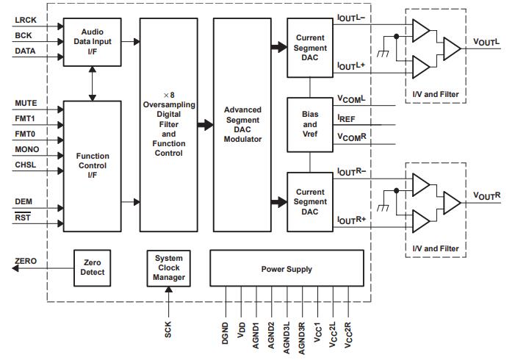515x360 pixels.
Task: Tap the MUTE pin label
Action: [x=26, y=104]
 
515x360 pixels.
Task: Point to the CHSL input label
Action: [x=26, y=165]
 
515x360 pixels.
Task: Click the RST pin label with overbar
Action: [x=23, y=217]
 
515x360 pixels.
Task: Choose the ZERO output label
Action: [x=26, y=262]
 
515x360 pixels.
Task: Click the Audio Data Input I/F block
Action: [x=92, y=42]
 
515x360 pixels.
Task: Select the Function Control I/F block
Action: [x=92, y=166]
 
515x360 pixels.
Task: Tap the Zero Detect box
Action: [x=92, y=267]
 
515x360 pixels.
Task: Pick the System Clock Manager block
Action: [x=169, y=267]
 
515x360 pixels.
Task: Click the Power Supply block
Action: [x=287, y=269]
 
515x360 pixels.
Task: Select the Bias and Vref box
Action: [x=310, y=124]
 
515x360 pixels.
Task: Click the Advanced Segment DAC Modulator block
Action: [x=242, y=124]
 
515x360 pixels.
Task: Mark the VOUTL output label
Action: [x=486, y=43]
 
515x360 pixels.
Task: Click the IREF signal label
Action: [x=347, y=118]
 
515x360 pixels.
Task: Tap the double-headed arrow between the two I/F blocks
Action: [x=92, y=83]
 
